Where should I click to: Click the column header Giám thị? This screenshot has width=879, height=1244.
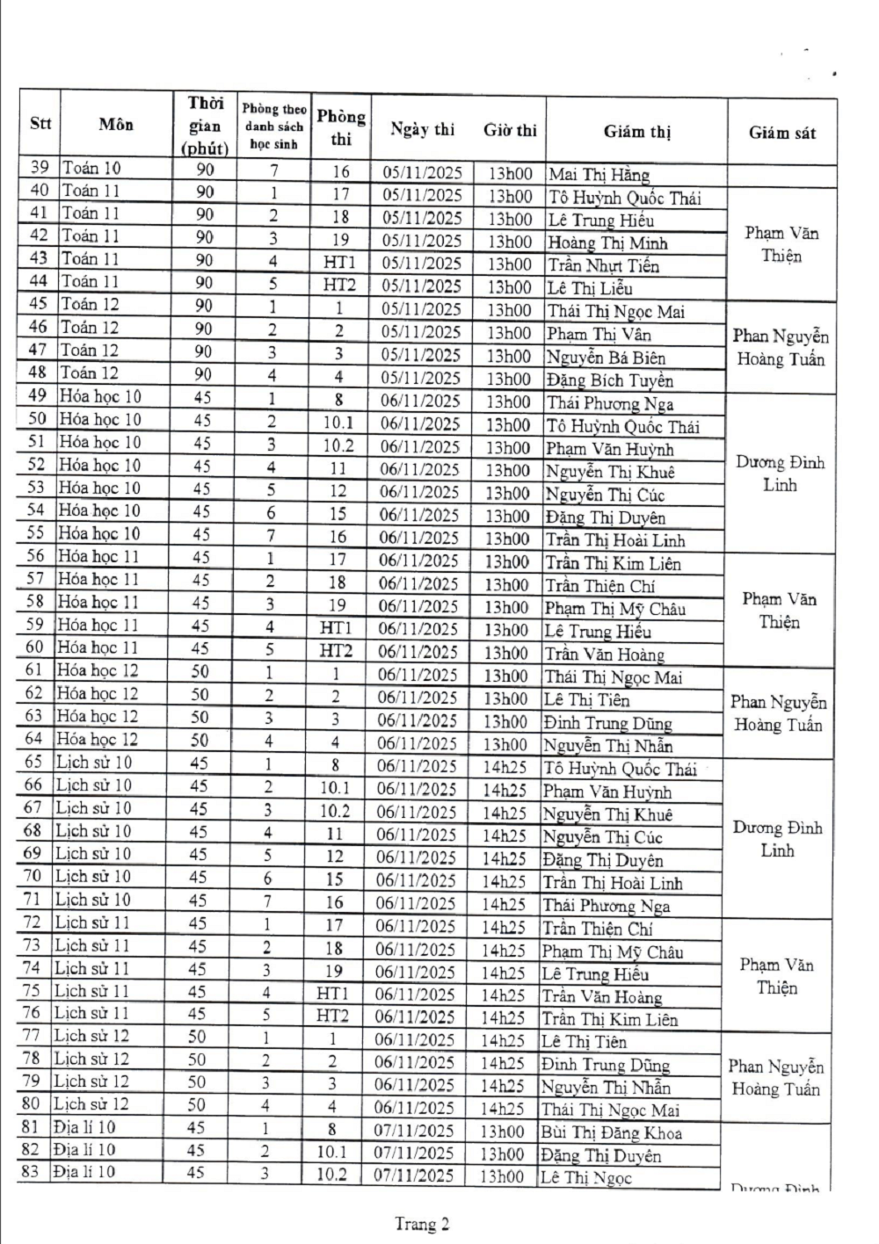click(636, 133)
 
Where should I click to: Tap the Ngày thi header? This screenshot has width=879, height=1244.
click(422, 129)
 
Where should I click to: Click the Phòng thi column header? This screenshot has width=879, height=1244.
click(341, 127)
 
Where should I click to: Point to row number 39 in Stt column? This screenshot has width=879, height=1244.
click(40, 168)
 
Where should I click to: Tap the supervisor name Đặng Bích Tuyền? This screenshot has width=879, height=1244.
click(609, 380)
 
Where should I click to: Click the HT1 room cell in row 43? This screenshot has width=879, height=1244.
click(339, 262)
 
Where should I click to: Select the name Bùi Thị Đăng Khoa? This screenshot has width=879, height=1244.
click(611, 1133)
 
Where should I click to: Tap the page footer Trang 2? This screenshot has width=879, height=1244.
click(422, 1223)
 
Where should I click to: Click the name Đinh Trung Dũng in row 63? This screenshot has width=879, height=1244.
click(607, 724)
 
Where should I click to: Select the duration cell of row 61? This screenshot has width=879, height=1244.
click(200, 671)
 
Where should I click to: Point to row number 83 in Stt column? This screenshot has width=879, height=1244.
click(31, 1171)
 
